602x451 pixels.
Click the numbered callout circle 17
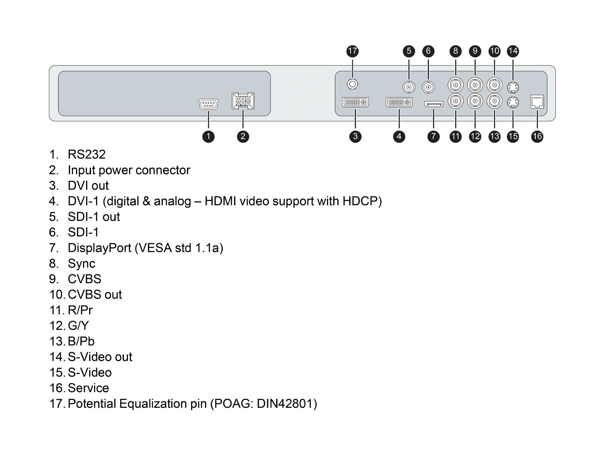coord(352,51)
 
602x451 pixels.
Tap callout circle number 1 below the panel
coord(208,136)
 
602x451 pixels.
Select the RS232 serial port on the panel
coord(208,104)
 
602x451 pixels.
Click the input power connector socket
coord(243,101)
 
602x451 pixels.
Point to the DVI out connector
coord(355,102)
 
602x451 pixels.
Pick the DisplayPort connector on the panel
coord(433,104)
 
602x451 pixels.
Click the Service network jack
coord(537,102)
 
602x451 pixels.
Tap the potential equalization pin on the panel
coord(352,84)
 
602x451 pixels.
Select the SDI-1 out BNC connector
coord(409,87)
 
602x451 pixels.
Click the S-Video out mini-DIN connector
coord(513,87)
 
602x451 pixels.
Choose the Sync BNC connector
coord(455,85)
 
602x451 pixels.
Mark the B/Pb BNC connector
coord(494,101)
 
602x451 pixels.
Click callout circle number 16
coord(537,136)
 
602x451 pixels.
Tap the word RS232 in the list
coord(87,154)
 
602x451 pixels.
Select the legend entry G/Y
coord(78,326)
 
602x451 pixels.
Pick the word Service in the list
coord(88,388)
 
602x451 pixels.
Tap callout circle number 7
coord(433,136)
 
